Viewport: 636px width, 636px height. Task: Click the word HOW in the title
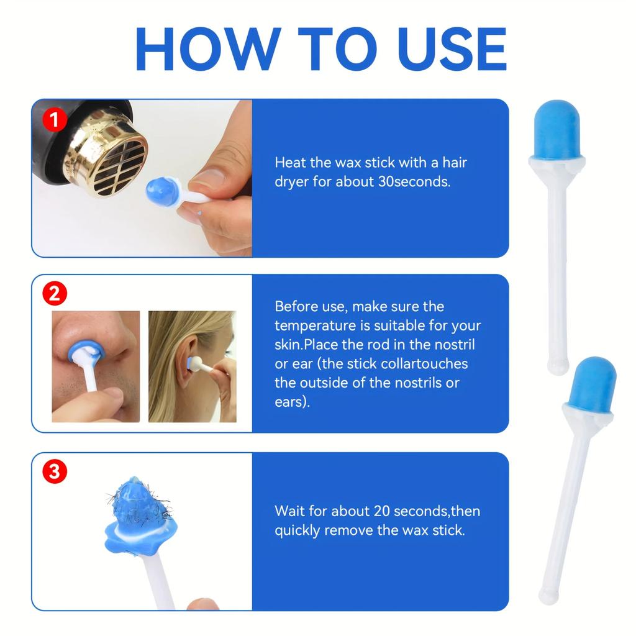coord(208,48)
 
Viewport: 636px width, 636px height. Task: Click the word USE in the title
coord(452,48)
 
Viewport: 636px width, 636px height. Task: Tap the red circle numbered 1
coord(55,119)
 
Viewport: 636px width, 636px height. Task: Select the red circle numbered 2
coord(55,293)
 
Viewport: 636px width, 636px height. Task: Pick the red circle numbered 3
coord(55,471)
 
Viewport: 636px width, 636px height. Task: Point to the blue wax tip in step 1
coord(161,191)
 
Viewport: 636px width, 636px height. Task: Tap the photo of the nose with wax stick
coord(96,366)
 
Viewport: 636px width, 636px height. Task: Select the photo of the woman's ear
coord(193,366)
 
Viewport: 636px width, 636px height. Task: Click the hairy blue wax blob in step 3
coord(140,516)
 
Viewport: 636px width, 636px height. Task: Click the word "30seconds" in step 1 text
coord(414,181)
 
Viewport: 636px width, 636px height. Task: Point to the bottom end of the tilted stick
coord(548,596)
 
